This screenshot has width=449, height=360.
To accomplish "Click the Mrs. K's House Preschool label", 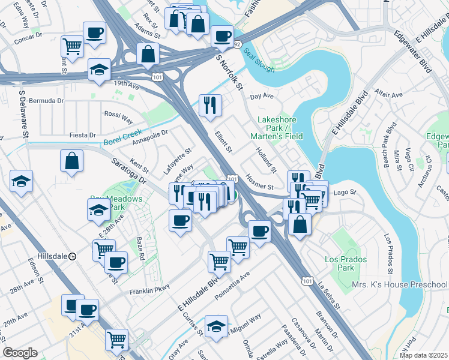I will [x=399, y=284].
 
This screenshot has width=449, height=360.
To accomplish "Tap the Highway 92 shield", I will [x=237, y=44].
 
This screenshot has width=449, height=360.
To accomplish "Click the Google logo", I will [x=20, y=353].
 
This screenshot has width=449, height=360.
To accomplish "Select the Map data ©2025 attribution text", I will [x=423, y=355].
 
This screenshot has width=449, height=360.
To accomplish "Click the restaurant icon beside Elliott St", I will [x=210, y=106].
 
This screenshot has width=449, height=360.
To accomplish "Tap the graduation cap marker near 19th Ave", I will [x=99, y=70].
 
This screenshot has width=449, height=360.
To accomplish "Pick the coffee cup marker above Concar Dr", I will [x=94, y=33].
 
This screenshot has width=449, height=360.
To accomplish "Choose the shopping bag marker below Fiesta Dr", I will [x=71, y=161].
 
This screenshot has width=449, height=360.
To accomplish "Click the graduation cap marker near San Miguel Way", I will [x=216, y=326].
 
